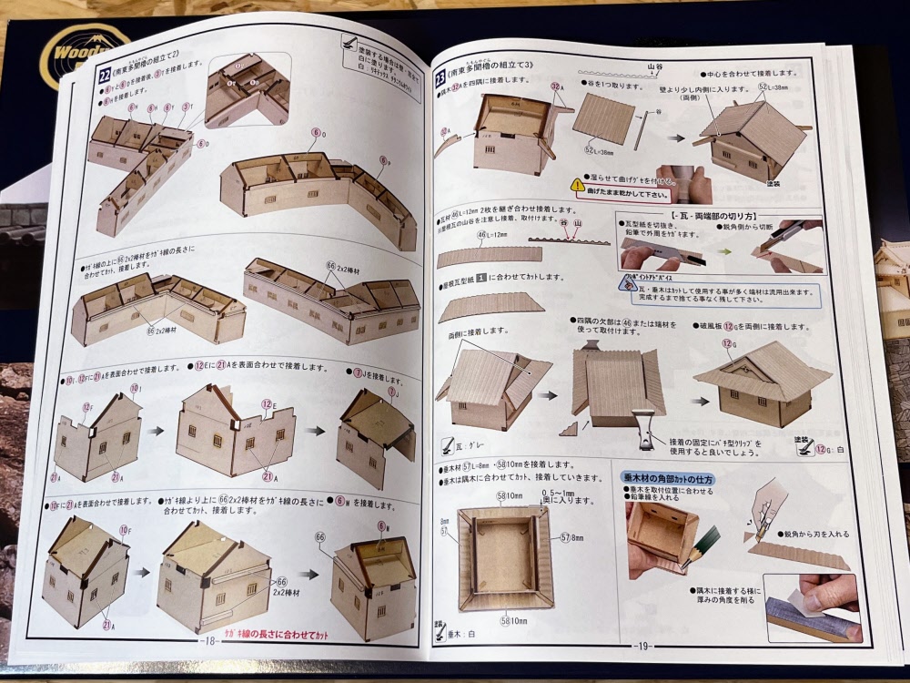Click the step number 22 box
(x=105, y=76)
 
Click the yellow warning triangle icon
(x=577, y=184)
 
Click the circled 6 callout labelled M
(x=382, y=525)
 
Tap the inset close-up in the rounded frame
(x=247, y=88)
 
